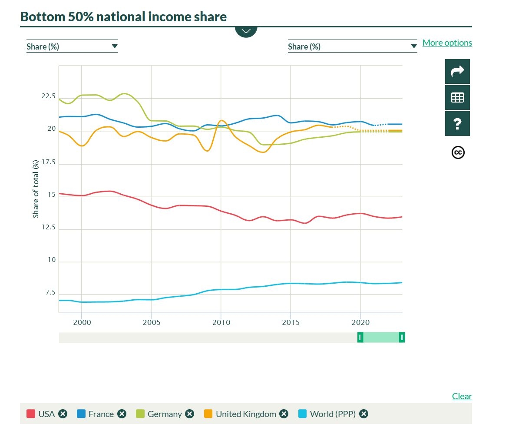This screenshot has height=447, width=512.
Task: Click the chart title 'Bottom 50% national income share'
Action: (x=123, y=17)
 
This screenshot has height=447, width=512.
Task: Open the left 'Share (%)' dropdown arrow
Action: (x=115, y=46)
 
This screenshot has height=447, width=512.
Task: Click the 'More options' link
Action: (x=447, y=43)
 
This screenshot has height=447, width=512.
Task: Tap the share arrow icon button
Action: (x=457, y=71)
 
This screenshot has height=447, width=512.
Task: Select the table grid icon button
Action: (x=457, y=98)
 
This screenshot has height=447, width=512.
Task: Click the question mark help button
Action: (x=457, y=124)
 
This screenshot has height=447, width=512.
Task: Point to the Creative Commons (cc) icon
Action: (x=458, y=152)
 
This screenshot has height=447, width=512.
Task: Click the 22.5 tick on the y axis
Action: (x=49, y=96)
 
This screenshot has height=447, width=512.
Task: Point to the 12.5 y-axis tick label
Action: (x=49, y=227)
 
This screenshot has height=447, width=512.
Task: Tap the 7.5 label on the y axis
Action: (x=50, y=292)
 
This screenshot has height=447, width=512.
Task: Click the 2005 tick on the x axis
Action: (x=151, y=322)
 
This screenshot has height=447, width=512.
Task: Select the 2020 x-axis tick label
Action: (x=360, y=322)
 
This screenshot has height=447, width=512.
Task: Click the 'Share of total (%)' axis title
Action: (x=36, y=189)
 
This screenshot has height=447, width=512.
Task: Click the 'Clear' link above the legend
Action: (x=462, y=396)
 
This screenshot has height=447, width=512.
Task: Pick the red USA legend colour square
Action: (x=31, y=414)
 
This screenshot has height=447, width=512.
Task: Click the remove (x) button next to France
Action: (x=122, y=414)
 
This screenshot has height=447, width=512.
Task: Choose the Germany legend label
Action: (x=165, y=414)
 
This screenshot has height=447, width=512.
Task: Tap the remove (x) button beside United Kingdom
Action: (x=284, y=414)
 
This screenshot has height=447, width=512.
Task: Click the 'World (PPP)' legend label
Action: (x=333, y=414)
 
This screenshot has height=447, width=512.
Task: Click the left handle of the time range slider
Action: (x=360, y=338)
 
